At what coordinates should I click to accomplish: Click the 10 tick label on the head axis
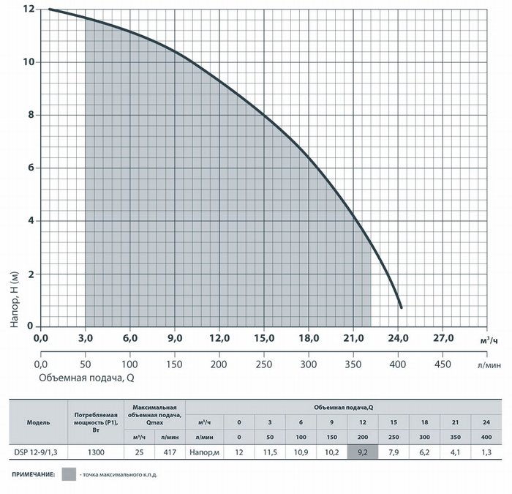click(x=29, y=61)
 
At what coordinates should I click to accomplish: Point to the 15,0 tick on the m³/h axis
click(x=264, y=338)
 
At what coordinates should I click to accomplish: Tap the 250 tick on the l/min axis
click(x=263, y=364)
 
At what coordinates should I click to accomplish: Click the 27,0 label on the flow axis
click(x=443, y=338)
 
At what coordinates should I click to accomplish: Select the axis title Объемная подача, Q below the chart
click(x=86, y=378)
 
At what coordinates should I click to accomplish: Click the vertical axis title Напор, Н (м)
click(x=15, y=299)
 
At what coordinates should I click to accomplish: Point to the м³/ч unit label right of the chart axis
click(x=489, y=341)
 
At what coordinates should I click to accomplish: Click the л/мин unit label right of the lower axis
click(x=489, y=365)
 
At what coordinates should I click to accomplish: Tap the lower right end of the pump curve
click(x=402, y=307)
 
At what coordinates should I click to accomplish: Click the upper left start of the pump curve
click(x=50, y=9)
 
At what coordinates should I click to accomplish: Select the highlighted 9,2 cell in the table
click(x=363, y=452)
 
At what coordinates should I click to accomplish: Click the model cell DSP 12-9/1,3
click(x=36, y=452)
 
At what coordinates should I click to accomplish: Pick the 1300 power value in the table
click(x=96, y=452)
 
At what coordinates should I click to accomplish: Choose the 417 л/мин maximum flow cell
click(x=170, y=452)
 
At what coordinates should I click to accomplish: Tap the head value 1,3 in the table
click(x=486, y=452)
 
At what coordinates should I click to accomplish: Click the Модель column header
click(x=38, y=422)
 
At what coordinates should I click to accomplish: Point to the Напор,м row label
click(x=204, y=452)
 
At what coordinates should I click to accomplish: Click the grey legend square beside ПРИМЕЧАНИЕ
click(x=69, y=474)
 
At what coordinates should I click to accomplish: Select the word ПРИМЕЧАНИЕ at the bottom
click(x=34, y=474)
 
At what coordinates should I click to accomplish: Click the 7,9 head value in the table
click(x=394, y=452)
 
